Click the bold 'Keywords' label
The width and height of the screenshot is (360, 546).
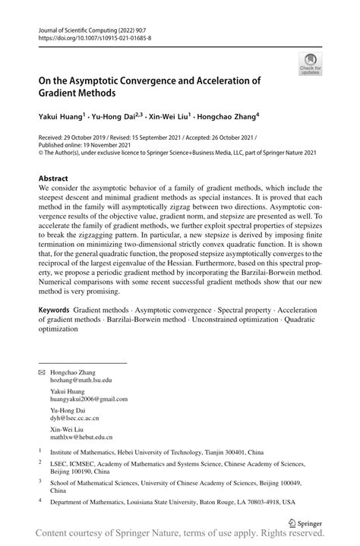click(55, 311)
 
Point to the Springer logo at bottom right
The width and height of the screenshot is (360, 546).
click(307, 522)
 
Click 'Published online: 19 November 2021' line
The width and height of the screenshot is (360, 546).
click(86, 144)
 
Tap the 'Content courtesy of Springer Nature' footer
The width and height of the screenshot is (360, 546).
click(180, 537)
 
